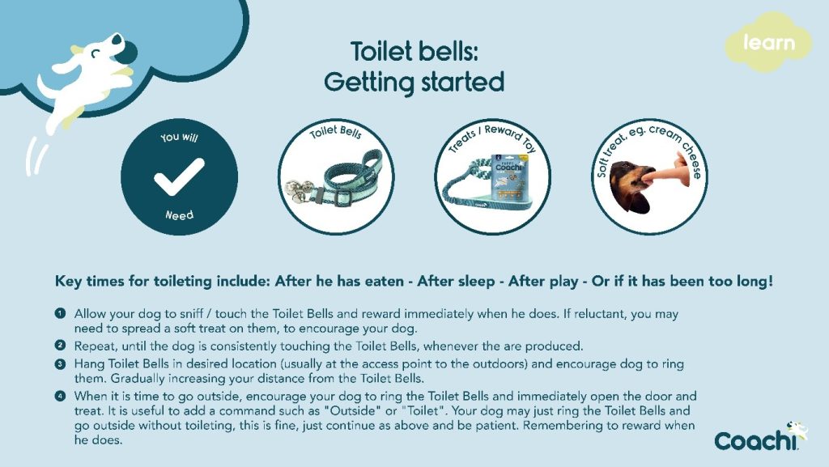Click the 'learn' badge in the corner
point(768,42)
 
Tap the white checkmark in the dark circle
point(179,176)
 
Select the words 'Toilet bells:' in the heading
point(414,51)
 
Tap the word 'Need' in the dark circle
point(179,215)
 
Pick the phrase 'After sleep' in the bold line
point(441,282)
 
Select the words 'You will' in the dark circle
point(179,138)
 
